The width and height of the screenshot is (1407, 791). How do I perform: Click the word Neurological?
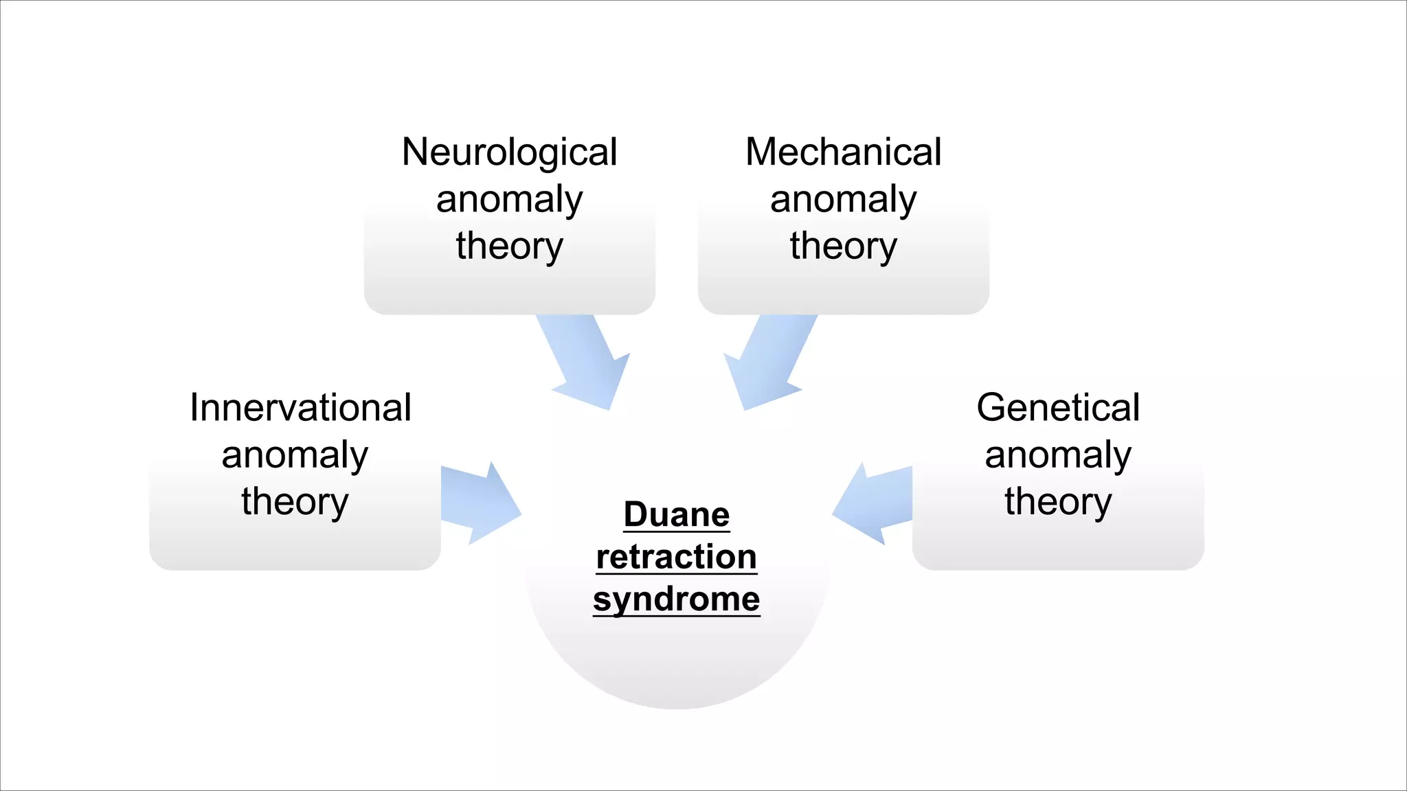(509, 152)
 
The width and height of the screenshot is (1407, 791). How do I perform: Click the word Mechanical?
(843, 152)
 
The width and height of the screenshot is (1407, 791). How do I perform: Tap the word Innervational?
(300, 408)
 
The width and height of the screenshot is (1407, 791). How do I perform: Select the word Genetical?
(1058, 408)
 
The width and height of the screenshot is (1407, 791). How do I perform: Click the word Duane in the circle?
(677, 515)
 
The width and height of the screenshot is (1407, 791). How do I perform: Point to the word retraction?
(677, 557)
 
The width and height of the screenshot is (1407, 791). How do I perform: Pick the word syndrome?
(677, 599)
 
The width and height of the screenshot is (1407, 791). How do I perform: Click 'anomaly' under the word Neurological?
(509, 200)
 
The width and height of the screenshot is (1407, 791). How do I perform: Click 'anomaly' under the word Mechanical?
(843, 200)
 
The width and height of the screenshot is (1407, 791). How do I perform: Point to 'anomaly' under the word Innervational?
(295, 455)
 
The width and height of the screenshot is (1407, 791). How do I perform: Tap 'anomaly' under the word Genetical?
(1058, 455)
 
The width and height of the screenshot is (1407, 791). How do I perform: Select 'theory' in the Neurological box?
(509, 247)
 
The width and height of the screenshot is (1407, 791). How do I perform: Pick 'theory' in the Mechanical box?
(843, 247)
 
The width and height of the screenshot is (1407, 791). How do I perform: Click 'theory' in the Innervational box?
(295, 502)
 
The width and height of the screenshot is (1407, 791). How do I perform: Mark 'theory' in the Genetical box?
(1058, 502)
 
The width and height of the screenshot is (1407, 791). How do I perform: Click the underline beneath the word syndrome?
(677, 616)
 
